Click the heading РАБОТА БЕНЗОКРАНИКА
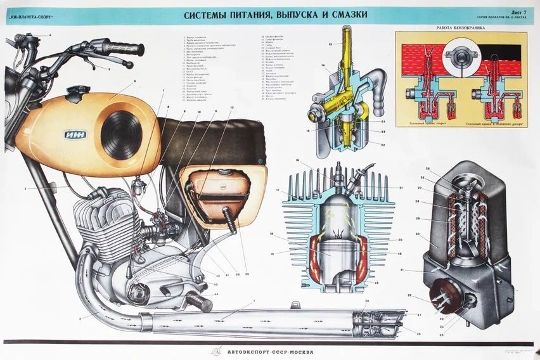(461, 29)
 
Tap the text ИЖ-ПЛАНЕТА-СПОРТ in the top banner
(29, 15)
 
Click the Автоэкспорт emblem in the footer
(216, 352)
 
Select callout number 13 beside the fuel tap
(330, 44)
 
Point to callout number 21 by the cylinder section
(401, 188)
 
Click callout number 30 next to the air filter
(419, 233)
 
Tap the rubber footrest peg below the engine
(199, 304)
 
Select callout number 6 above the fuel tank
(134, 81)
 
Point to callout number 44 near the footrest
(216, 294)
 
